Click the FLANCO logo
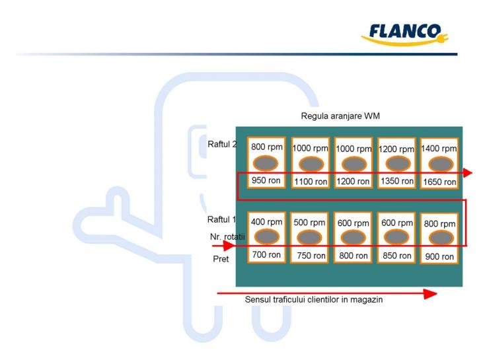404,34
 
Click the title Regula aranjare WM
340,116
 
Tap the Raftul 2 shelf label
221,144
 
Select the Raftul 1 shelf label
221,219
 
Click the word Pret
221,259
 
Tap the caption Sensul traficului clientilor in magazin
314,299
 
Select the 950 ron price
267,180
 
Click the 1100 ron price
311,181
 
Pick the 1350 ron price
397,181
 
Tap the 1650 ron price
439,182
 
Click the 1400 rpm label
439,149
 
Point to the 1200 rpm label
396,149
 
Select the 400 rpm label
266,222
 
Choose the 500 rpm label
309,223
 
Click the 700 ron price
266,254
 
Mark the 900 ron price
439,256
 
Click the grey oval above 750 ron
310,238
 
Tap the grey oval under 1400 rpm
439,164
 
